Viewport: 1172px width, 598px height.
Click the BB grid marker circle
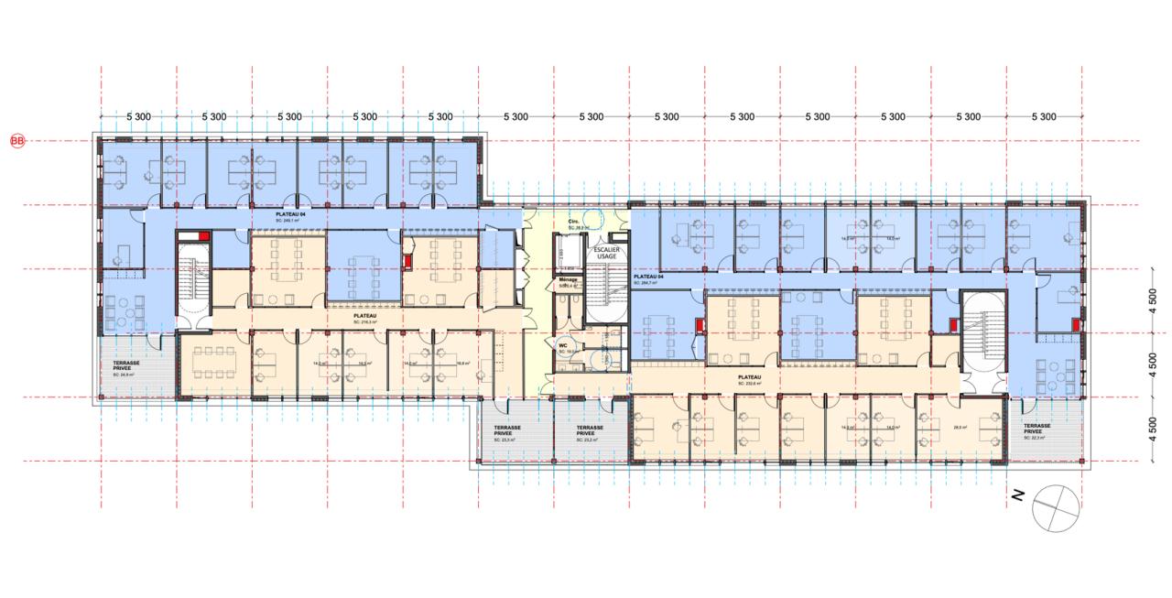pos(16,141)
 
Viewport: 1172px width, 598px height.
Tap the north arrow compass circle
pos(1054,509)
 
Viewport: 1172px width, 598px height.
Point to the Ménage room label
pos(569,282)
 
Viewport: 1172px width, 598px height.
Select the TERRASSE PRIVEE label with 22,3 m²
pos(1036,429)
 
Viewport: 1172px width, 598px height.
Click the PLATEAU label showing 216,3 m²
pos(366,317)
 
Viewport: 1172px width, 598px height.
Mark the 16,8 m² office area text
pos(463,364)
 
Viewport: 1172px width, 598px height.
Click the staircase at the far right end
pos(982,335)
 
